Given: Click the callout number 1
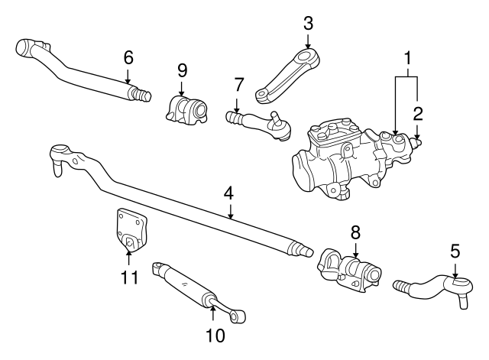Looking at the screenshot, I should [409, 57].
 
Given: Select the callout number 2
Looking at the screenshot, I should [418, 115].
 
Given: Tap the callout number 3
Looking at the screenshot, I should [308, 22].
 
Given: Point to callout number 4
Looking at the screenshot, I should [228, 194].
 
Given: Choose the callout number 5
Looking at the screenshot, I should [455, 250].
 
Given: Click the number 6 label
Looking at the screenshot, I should [128, 57].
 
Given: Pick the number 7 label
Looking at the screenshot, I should [238, 83].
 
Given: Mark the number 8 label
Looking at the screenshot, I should [355, 232].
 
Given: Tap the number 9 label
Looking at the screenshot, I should [183, 70].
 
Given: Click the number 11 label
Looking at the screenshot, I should [129, 276].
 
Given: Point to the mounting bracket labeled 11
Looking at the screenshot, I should [128, 229].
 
